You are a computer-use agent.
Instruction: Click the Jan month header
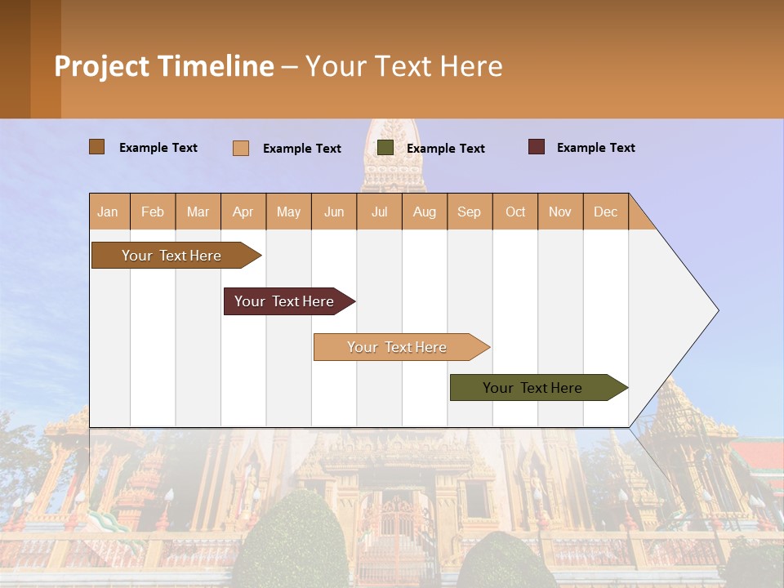[109, 212]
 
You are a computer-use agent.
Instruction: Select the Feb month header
[153, 212]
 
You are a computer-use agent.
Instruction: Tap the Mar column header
[198, 212]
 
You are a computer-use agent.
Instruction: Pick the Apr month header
[243, 212]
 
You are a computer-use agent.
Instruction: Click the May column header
[288, 212]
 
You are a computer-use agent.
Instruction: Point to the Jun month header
[334, 212]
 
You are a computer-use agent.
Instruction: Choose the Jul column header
[379, 212]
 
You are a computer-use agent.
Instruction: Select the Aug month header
[425, 212]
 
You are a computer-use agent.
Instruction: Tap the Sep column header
[470, 212]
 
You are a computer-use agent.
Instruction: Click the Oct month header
[515, 212]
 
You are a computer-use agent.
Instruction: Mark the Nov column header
[560, 212]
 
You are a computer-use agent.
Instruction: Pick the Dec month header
[606, 212]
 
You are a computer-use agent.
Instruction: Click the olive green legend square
[385, 148]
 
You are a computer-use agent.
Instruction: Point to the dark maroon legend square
[537, 147]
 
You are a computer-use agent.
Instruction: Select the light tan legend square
[241, 148]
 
